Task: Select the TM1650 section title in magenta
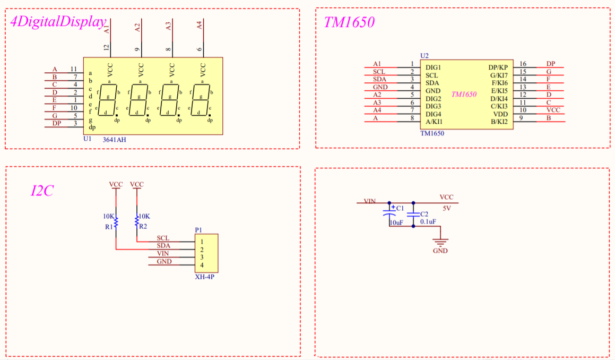[x=349, y=22]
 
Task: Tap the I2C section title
[x=42, y=191]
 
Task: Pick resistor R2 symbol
[x=137, y=220]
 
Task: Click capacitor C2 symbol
[x=413, y=215]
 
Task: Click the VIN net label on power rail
[x=370, y=201]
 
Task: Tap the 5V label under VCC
[x=446, y=208]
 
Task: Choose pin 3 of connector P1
[x=202, y=257]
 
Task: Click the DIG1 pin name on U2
[x=434, y=67]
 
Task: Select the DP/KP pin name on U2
[x=498, y=67]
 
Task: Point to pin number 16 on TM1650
[x=523, y=64]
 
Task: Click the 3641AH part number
[x=114, y=139]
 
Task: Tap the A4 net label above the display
[x=200, y=25]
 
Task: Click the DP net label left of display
[x=56, y=123]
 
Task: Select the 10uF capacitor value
[x=396, y=223]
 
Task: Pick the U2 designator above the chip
[x=424, y=55]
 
